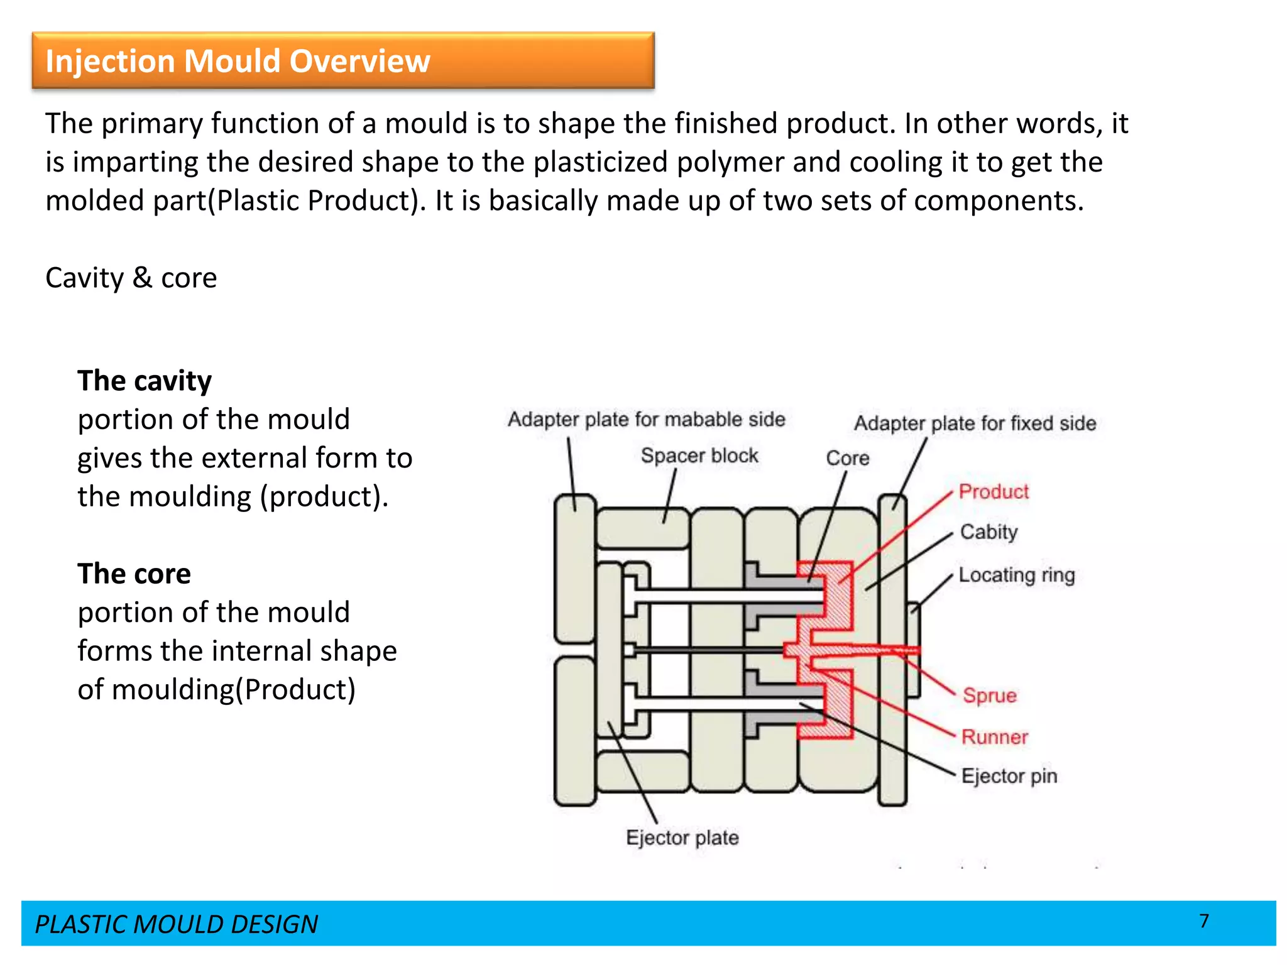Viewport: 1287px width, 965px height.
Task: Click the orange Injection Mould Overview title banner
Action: pyautogui.click(x=342, y=60)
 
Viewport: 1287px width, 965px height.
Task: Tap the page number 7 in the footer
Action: pyautogui.click(x=1203, y=921)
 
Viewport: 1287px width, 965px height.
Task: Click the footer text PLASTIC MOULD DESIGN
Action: pyautogui.click(x=176, y=924)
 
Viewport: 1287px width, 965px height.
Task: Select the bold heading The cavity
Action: pyautogui.click(x=145, y=381)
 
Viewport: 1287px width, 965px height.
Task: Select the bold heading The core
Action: pyautogui.click(x=134, y=574)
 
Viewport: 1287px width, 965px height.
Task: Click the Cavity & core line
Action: pyautogui.click(x=131, y=278)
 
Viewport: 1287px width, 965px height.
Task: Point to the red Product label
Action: pyautogui.click(x=994, y=491)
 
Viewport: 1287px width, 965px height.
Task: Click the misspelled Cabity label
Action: pyautogui.click(x=989, y=532)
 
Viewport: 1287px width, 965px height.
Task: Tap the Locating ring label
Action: pyautogui.click(x=1017, y=575)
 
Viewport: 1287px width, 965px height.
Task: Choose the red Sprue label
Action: pyautogui.click(x=990, y=695)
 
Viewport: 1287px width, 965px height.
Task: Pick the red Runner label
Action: pyautogui.click(x=995, y=737)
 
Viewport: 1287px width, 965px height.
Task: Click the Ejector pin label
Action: pyautogui.click(x=1009, y=776)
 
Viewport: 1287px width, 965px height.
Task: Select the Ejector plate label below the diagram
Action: pyautogui.click(x=682, y=837)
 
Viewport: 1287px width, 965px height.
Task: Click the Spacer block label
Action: pyautogui.click(x=699, y=455)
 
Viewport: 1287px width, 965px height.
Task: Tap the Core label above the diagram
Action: pyautogui.click(x=847, y=458)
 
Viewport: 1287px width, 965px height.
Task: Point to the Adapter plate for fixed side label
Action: pyautogui.click(x=975, y=423)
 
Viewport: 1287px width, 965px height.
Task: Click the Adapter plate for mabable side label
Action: pyautogui.click(x=646, y=419)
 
